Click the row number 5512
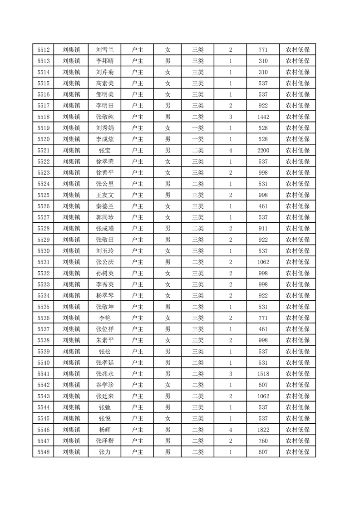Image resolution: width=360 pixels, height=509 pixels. (x=44, y=50)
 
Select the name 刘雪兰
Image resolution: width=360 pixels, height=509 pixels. (x=105, y=50)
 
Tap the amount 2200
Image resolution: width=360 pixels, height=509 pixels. (x=263, y=151)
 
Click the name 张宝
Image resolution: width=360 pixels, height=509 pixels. (x=105, y=151)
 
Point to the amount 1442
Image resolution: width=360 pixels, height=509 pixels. (x=263, y=117)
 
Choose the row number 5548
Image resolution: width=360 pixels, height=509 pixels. (x=44, y=452)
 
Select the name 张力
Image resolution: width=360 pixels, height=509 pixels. (x=105, y=452)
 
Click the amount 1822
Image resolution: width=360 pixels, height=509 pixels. (x=263, y=430)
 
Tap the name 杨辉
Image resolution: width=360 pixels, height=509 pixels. (x=105, y=430)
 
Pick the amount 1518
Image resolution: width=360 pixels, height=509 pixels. (x=263, y=374)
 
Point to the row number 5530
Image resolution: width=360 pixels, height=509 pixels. (x=44, y=251)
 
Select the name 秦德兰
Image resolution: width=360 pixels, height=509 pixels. (x=105, y=206)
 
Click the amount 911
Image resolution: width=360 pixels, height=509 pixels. (x=263, y=229)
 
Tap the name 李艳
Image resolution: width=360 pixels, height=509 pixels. (x=105, y=318)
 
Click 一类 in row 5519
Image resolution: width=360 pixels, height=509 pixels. (x=198, y=128)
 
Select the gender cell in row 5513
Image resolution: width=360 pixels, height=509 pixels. (x=168, y=61)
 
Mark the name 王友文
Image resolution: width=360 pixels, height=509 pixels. (x=105, y=195)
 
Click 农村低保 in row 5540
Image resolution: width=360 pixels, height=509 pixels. (x=297, y=362)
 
